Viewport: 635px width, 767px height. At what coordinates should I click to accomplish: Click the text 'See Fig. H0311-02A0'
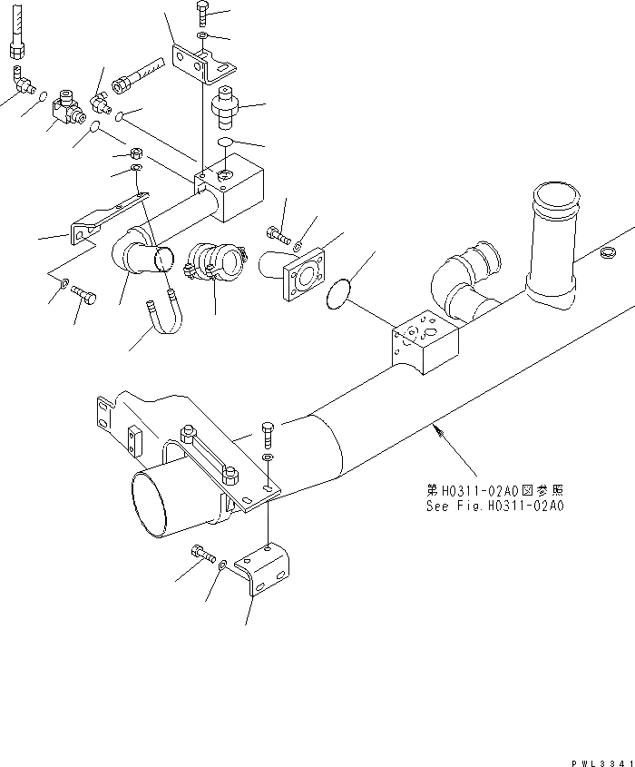tap(494, 506)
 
